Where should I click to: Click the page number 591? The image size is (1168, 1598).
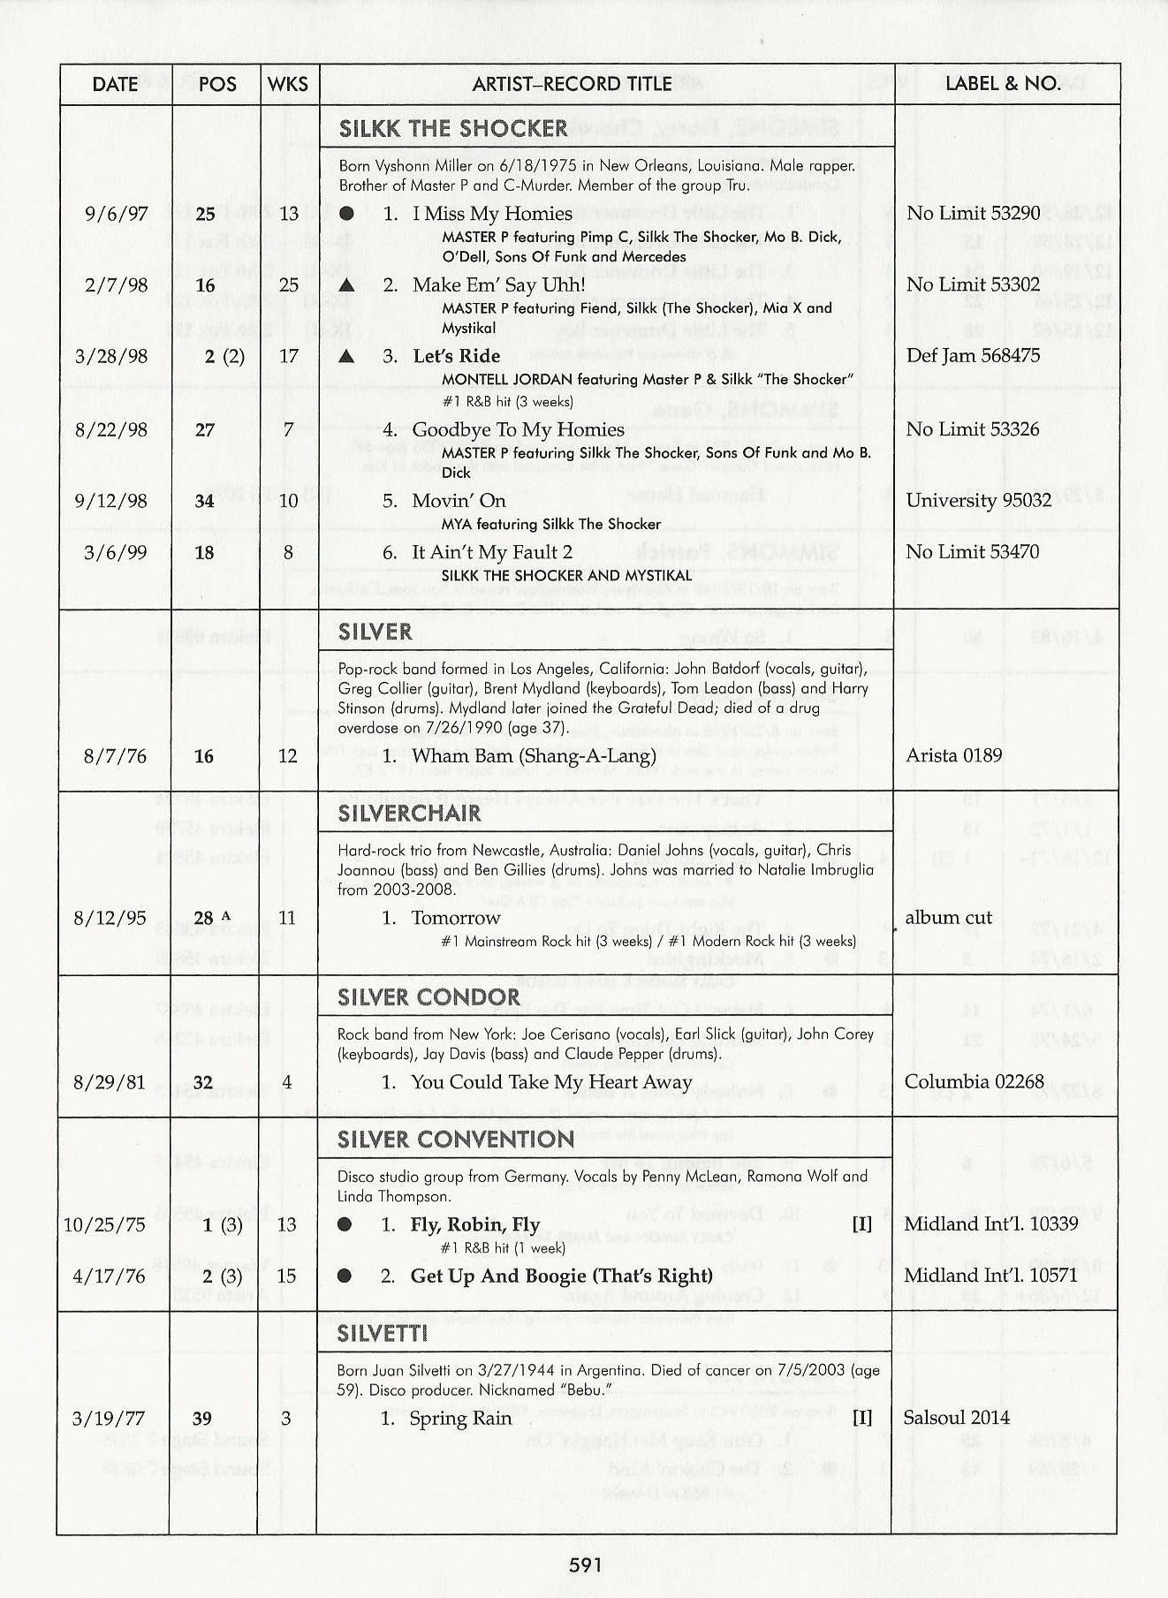[585, 1564]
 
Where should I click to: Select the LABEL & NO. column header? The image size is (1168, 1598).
[1003, 84]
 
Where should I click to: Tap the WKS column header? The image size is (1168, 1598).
[288, 84]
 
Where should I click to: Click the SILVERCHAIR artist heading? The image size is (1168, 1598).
[409, 813]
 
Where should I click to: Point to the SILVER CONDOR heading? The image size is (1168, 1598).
[429, 996]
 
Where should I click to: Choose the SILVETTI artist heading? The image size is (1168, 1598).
[382, 1333]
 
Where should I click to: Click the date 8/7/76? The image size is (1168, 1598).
[115, 756]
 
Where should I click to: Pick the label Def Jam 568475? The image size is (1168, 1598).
[973, 356]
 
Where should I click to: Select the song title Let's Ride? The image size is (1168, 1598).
[456, 356]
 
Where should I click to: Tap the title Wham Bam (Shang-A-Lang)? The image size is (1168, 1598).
[534, 756]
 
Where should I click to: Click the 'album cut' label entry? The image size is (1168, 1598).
[948, 918]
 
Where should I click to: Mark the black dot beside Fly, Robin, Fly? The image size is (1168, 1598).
[345, 1224]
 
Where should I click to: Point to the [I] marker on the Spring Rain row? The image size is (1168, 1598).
[862, 1418]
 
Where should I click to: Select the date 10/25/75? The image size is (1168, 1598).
[104, 1224]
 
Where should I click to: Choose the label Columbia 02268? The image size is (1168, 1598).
[974, 1082]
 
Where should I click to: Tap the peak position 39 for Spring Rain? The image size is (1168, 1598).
[202, 1419]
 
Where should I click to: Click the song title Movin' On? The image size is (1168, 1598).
[459, 501]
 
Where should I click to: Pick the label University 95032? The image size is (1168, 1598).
[978, 500]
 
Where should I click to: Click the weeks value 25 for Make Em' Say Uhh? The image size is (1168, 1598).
[288, 284]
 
